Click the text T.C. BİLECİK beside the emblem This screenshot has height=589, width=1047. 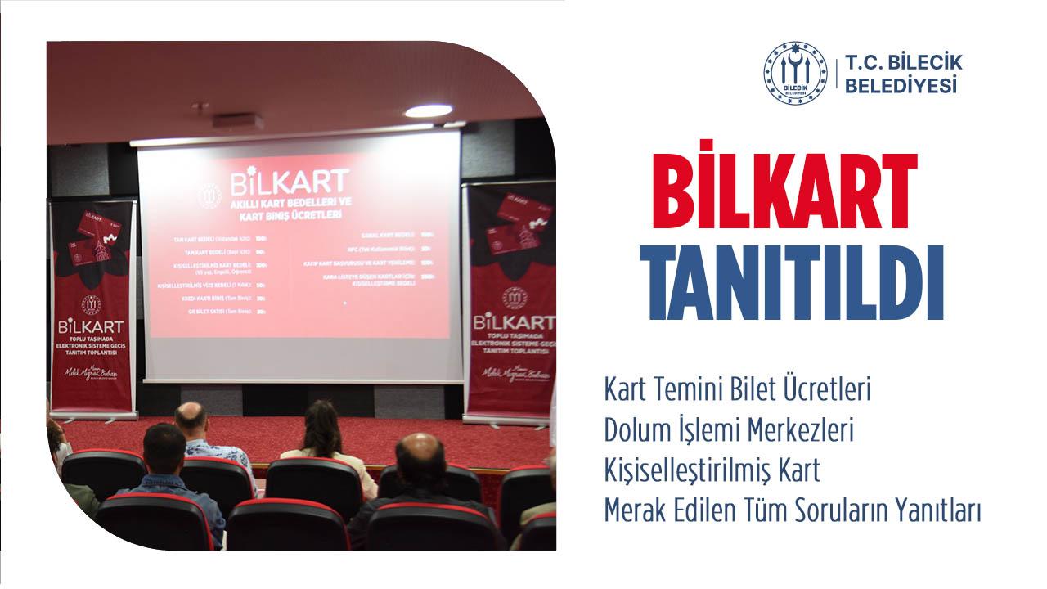pos(904,63)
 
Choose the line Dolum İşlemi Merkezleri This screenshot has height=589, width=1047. pos(729,430)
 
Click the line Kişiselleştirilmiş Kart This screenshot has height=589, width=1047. pos(712,471)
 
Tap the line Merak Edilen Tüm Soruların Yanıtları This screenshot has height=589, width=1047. pos(792,512)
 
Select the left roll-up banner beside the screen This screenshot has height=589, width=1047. pos(91,307)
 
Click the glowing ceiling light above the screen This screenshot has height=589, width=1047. pos(428,111)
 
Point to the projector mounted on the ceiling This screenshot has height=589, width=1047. pos(238,120)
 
